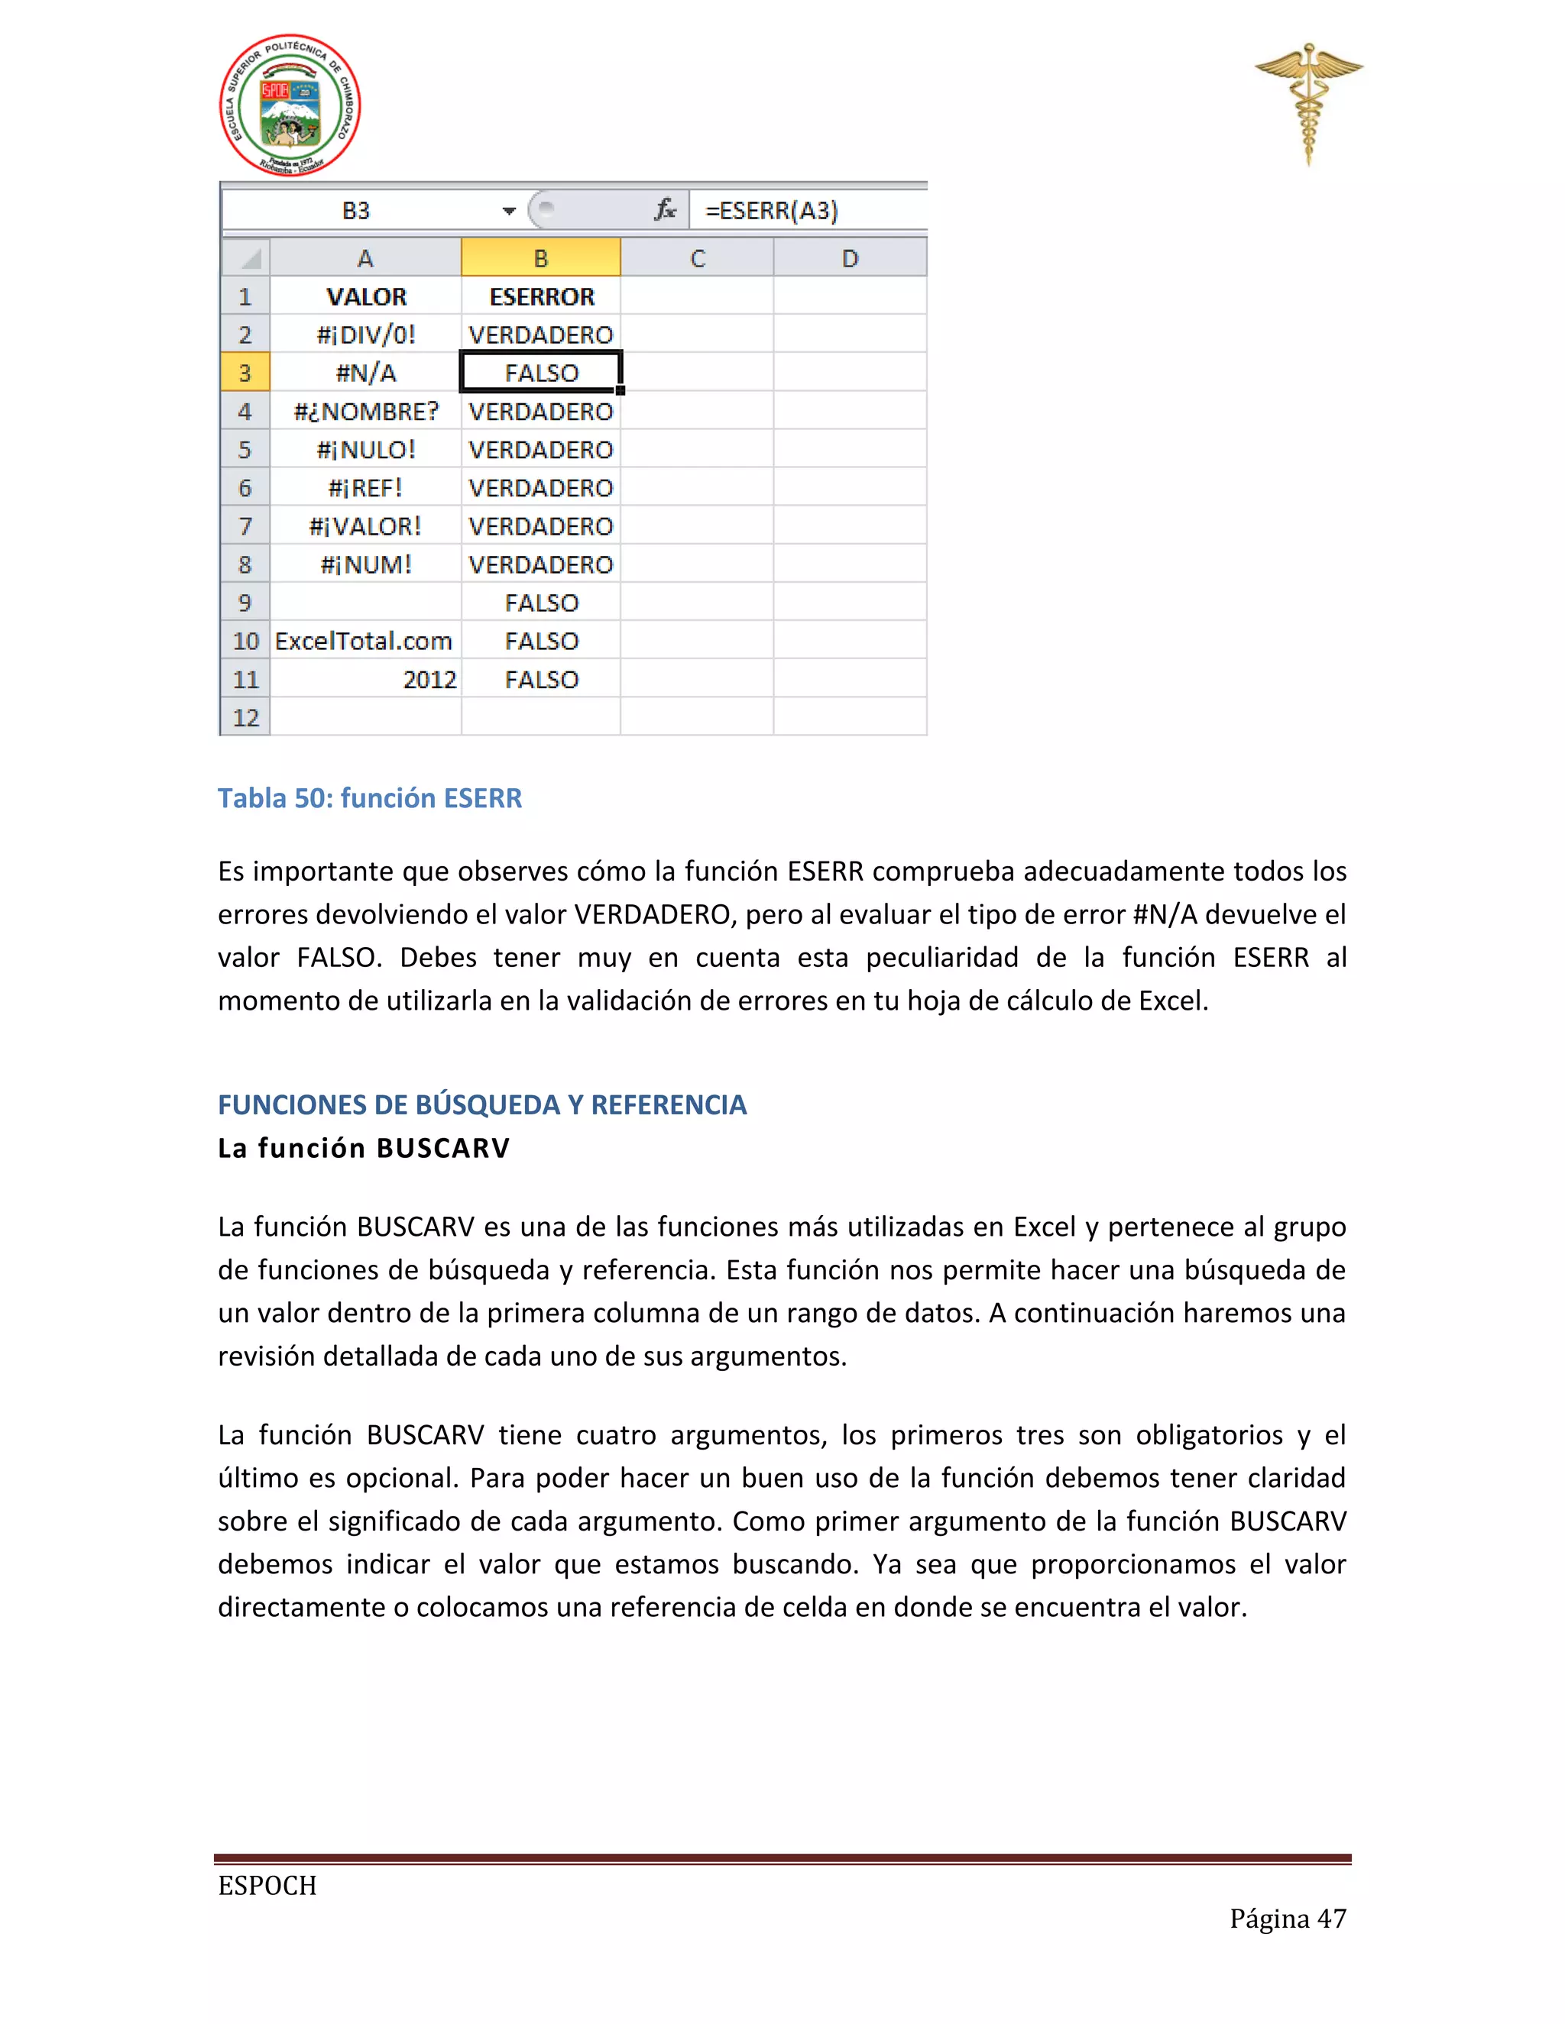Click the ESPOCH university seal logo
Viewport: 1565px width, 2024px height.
point(290,105)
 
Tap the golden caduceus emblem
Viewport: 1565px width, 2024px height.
point(1308,102)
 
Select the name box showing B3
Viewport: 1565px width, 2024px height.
point(356,210)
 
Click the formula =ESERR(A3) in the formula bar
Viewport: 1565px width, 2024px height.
point(771,210)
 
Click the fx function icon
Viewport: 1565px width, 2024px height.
point(665,210)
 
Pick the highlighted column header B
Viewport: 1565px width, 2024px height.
point(540,259)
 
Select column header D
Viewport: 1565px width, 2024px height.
point(849,259)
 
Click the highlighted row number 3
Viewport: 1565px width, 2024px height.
point(245,373)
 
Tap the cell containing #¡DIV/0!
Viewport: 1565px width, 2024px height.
point(365,335)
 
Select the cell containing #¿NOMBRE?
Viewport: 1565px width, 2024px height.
point(365,412)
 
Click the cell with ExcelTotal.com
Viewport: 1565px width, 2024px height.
point(364,642)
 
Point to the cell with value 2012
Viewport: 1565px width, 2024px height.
point(429,679)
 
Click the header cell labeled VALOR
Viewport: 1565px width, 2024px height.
point(365,296)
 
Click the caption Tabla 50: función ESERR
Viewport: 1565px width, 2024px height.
point(369,798)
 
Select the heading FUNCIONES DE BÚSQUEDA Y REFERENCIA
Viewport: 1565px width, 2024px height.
point(481,1104)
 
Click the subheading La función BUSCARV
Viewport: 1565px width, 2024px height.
point(364,1148)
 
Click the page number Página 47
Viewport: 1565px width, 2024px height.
point(1287,1919)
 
